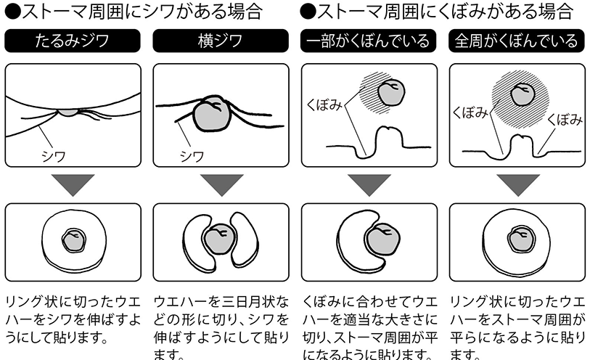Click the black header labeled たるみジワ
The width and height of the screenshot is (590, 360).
pos(73,41)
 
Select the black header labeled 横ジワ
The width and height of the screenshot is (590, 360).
pos(221,41)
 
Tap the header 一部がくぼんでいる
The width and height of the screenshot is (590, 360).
pos(369,41)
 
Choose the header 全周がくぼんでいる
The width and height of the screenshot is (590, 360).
pos(517,41)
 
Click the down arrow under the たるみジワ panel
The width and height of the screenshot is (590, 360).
pos(73,184)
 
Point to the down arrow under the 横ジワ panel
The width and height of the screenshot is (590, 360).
pos(221,184)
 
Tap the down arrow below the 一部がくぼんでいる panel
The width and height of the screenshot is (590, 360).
pos(369,184)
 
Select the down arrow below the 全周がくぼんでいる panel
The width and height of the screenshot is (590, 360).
pos(518,184)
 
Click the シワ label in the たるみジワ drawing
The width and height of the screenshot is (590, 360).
pos(54,156)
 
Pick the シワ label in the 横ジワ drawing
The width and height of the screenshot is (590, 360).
pos(192,156)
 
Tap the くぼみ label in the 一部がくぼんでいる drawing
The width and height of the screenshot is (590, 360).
pos(324,105)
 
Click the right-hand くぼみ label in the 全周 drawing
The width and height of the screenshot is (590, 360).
pos(565,120)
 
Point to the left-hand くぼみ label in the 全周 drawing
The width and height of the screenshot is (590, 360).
pos(470,112)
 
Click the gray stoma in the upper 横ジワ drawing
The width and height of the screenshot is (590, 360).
pos(211,115)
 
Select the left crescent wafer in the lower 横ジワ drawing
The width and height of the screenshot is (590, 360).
pos(197,240)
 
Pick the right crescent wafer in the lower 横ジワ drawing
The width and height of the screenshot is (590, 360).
pos(245,240)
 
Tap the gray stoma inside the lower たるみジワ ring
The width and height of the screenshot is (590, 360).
pos(74,240)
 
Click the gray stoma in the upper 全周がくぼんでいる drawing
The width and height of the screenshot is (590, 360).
pos(523,95)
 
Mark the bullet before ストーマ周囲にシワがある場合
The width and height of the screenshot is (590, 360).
pos(13,12)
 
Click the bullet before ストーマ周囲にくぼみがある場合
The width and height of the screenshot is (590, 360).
pos(308,12)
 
